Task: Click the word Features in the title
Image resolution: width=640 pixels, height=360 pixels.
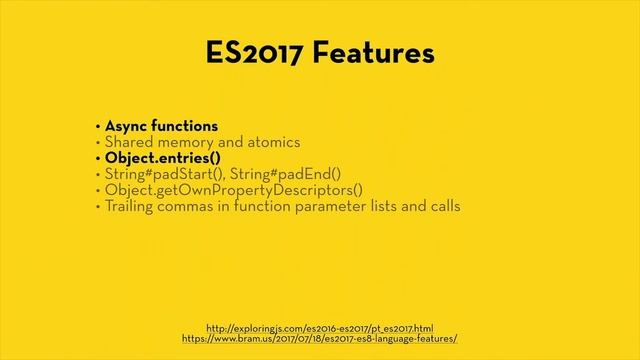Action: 376,52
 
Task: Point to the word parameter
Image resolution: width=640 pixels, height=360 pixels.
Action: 337,207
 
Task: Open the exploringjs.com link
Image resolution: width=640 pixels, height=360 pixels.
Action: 319,327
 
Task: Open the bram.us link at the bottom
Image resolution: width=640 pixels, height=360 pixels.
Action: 319,339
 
